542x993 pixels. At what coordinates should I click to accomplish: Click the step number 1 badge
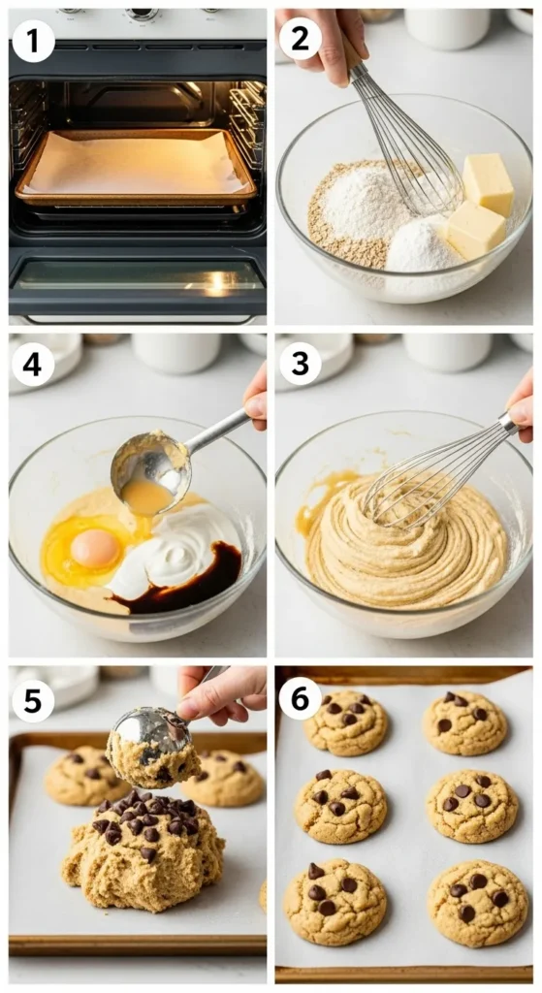(x=33, y=41)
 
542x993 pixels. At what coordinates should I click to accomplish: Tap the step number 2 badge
(x=301, y=39)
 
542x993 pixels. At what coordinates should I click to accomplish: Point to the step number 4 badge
(x=33, y=366)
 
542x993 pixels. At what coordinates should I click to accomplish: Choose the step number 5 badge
(x=33, y=702)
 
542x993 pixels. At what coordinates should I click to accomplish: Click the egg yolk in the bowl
(x=94, y=548)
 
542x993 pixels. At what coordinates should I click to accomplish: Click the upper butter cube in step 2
(x=488, y=184)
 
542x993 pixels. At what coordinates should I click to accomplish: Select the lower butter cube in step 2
(x=475, y=230)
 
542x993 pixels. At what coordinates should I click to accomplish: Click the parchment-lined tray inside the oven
(x=136, y=167)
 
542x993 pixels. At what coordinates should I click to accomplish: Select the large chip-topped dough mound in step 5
(x=143, y=849)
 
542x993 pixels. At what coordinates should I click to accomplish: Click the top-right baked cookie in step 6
(x=464, y=722)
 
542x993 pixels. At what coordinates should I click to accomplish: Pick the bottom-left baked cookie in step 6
(x=335, y=902)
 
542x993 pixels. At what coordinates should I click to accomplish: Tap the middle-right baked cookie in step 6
(x=472, y=806)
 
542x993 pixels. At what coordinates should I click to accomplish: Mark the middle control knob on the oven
(x=142, y=13)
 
